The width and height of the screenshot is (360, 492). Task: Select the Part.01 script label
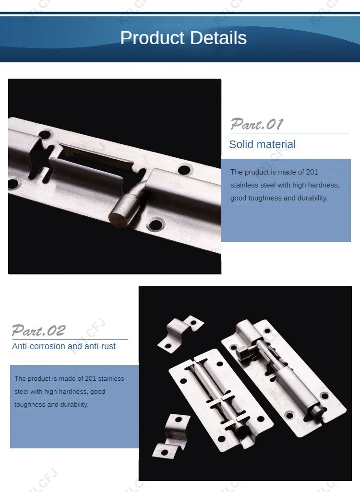[257, 124]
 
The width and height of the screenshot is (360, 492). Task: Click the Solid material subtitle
[262, 144]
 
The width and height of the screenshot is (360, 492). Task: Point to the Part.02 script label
[38, 330]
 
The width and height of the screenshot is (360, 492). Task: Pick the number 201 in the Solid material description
[312, 172]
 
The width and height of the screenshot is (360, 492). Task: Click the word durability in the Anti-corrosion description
[74, 405]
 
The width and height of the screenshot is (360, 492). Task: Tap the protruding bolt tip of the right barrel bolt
[314, 410]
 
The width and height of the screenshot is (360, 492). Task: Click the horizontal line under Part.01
[289, 133]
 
